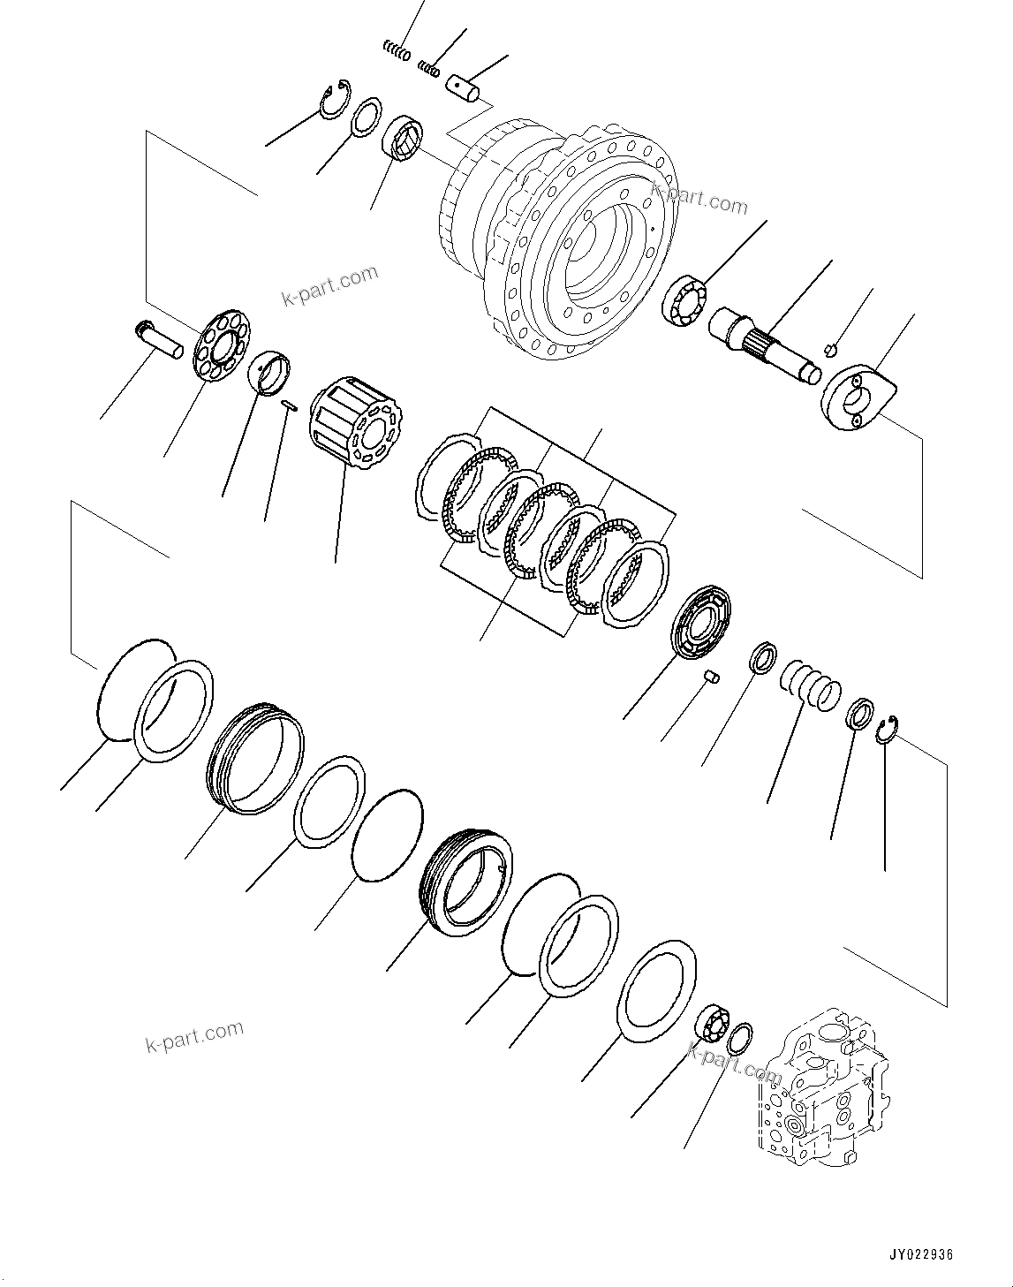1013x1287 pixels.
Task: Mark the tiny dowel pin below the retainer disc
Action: coord(714,678)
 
